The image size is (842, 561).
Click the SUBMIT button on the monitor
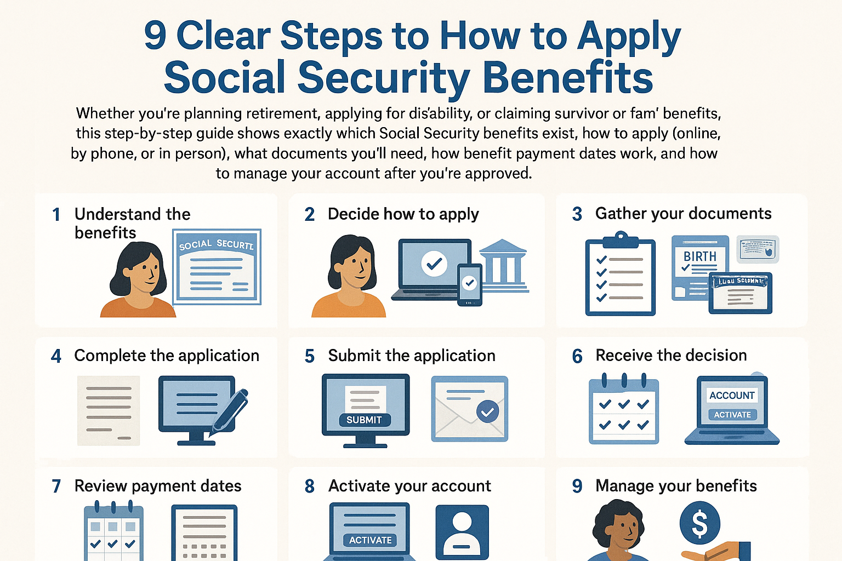(x=364, y=420)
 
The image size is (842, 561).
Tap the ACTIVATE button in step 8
(x=370, y=540)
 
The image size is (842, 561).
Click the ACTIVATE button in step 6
(x=732, y=415)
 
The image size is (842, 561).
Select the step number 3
(x=577, y=214)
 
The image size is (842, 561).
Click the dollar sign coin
(x=699, y=523)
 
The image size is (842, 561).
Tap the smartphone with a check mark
(x=469, y=284)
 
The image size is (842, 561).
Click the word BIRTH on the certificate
(x=699, y=256)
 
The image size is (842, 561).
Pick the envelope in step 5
(x=470, y=409)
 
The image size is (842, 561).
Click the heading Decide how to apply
(x=403, y=214)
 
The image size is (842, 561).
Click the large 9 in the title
(x=155, y=36)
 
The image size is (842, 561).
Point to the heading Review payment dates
(x=158, y=486)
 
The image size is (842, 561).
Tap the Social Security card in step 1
(x=217, y=267)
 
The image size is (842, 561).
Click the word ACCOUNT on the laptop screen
(x=732, y=396)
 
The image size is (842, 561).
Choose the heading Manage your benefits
(x=676, y=486)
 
